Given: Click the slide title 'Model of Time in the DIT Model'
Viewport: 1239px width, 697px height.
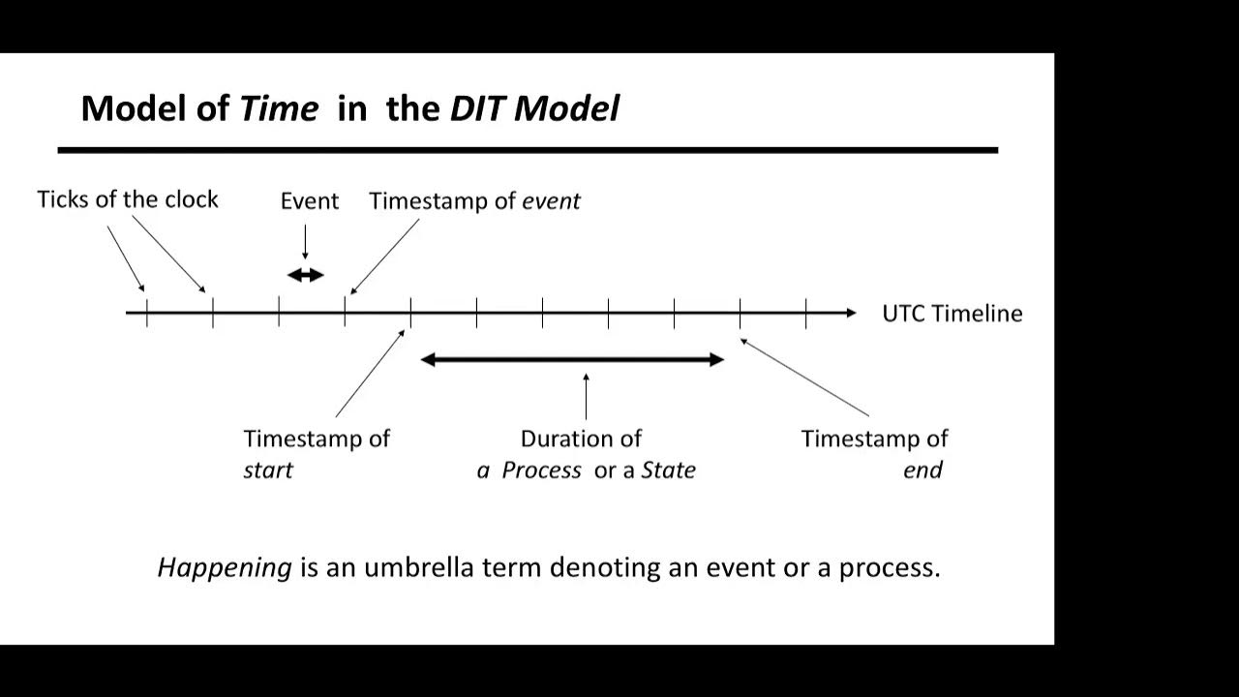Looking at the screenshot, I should (x=349, y=108).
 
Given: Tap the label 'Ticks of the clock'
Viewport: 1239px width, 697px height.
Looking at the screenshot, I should (x=128, y=199).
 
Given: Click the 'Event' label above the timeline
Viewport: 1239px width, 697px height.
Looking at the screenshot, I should (x=309, y=201).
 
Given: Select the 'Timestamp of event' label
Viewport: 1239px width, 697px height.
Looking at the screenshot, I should (x=474, y=201).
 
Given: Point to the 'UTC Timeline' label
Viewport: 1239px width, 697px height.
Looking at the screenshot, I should (x=952, y=314).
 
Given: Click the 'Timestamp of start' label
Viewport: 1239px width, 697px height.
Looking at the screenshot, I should (x=316, y=453).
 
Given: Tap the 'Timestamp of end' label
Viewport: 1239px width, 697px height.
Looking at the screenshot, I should (x=874, y=453).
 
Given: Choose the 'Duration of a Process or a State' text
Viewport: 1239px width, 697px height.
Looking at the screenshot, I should (x=585, y=453).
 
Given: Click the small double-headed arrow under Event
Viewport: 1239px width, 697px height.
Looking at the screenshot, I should (x=305, y=275).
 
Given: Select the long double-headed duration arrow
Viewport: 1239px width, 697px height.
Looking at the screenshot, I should (x=572, y=360).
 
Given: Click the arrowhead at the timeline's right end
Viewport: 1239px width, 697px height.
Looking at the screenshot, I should (x=850, y=313).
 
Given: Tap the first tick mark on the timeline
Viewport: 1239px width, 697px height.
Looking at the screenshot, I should (x=147, y=313).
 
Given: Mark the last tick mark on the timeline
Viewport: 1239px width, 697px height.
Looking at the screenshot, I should (x=805, y=313).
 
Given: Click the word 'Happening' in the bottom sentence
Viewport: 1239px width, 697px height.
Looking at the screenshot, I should (x=225, y=567).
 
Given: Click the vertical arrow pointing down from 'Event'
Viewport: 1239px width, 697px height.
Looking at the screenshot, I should (x=305, y=241).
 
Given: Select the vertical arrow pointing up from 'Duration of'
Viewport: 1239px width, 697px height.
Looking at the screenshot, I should (x=586, y=397).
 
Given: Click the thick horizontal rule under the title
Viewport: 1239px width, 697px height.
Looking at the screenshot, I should (x=528, y=150).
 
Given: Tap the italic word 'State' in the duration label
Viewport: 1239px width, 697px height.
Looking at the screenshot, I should (x=668, y=470).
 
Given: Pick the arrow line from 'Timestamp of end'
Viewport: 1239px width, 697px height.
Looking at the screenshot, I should (x=805, y=379).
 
